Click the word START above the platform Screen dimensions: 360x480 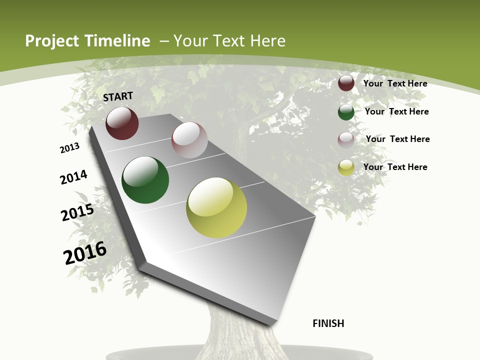tap(118, 96)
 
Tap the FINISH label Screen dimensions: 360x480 tap(328, 323)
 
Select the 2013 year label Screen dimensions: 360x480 tap(69, 148)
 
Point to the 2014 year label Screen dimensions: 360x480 tap(73, 177)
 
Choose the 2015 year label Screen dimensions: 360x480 tap(77, 212)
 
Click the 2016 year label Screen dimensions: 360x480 tap(85, 253)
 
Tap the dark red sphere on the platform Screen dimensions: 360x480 tap(122, 123)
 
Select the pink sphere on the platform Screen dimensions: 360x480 tap(189, 140)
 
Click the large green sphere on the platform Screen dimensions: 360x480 tap(145, 180)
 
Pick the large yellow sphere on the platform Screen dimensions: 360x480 tap(216, 207)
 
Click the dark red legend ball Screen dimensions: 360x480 tap(346, 83)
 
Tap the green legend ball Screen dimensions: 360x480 tap(346, 112)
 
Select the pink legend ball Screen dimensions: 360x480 tap(346, 139)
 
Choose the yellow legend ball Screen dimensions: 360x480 tap(346, 167)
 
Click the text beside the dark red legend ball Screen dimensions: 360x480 tap(395, 83)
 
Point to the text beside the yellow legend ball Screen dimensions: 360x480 tap(395, 167)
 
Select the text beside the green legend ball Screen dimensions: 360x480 tap(396, 111)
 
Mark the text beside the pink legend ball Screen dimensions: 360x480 tap(397, 139)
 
